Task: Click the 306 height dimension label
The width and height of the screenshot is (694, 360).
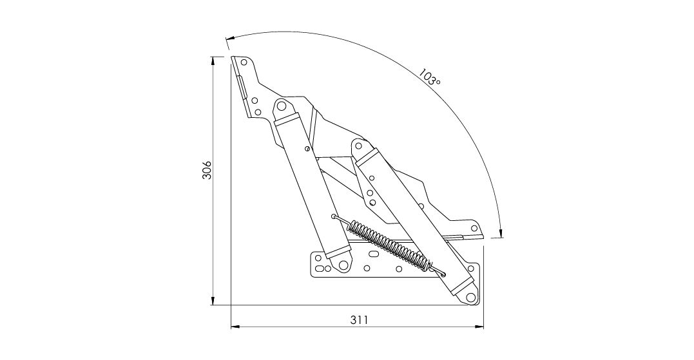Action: [x=207, y=170]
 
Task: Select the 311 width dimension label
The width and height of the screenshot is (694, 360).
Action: [x=360, y=320]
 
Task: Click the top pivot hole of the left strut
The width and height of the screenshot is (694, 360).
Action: [x=280, y=106]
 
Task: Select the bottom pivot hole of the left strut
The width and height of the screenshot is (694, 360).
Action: [x=343, y=265]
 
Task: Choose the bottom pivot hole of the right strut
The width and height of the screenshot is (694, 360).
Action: [x=470, y=297]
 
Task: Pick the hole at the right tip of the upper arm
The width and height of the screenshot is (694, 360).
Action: [x=474, y=228]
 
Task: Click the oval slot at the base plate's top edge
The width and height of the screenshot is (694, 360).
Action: [x=374, y=254]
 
